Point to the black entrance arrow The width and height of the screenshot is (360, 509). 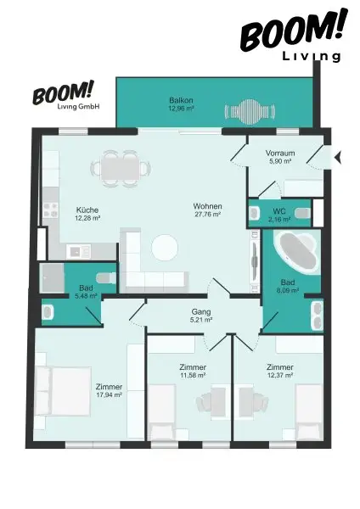338,157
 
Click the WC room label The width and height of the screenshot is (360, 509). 278,210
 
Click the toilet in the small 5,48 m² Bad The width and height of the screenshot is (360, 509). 103,277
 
